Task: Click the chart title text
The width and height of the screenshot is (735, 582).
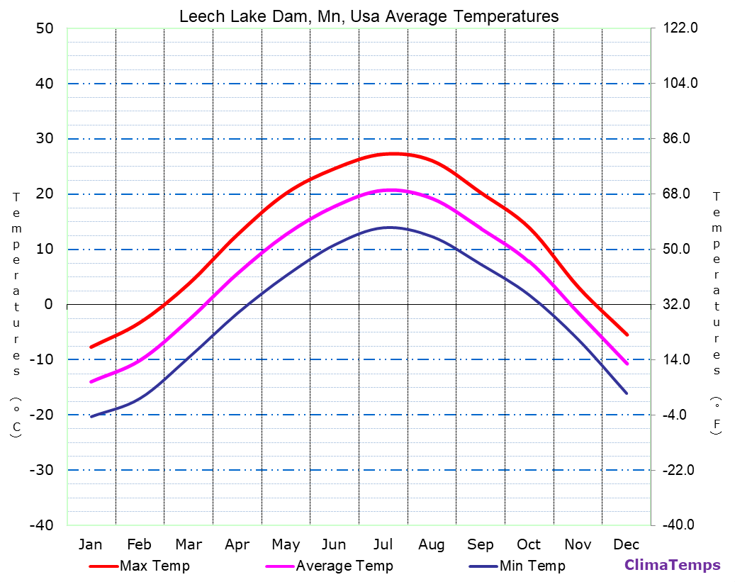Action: click(x=369, y=16)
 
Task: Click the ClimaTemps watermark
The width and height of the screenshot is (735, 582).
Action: click(x=672, y=565)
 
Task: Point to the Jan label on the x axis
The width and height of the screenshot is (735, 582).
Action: click(x=90, y=544)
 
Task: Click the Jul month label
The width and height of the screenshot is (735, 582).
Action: click(x=383, y=544)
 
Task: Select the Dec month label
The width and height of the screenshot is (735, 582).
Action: click(x=627, y=544)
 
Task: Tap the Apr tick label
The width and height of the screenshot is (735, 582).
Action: click(x=237, y=544)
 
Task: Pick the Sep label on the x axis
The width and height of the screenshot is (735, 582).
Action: click(x=481, y=544)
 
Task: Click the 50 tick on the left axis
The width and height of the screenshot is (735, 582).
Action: click(x=45, y=28)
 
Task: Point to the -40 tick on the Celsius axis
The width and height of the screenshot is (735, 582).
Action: click(x=41, y=525)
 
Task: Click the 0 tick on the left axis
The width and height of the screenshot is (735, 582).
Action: click(x=49, y=304)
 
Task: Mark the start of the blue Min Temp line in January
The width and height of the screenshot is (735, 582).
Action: click(x=91, y=416)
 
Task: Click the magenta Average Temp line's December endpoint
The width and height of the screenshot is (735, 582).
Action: click(x=627, y=364)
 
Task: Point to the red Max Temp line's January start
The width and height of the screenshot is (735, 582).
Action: click(x=91, y=347)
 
